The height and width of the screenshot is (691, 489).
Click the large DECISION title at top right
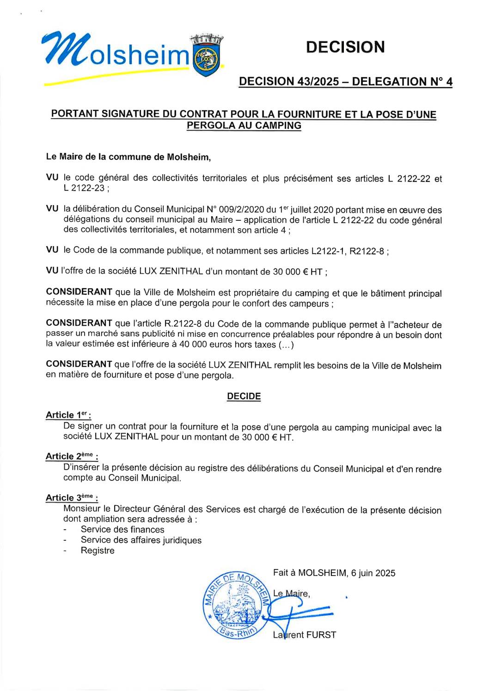tap(345, 47)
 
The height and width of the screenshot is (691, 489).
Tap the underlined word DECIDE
tap(244, 396)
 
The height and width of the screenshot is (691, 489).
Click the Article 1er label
tap(68, 415)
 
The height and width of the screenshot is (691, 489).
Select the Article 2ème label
tap(72, 456)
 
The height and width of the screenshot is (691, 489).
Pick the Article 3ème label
tap(72, 497)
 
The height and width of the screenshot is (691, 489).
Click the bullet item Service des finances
tap(122, 529)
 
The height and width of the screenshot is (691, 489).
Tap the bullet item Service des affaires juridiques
tap(141, 540)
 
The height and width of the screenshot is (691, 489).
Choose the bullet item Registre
tap(98, 551)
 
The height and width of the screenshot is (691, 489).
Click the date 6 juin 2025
tap(373, 573)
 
